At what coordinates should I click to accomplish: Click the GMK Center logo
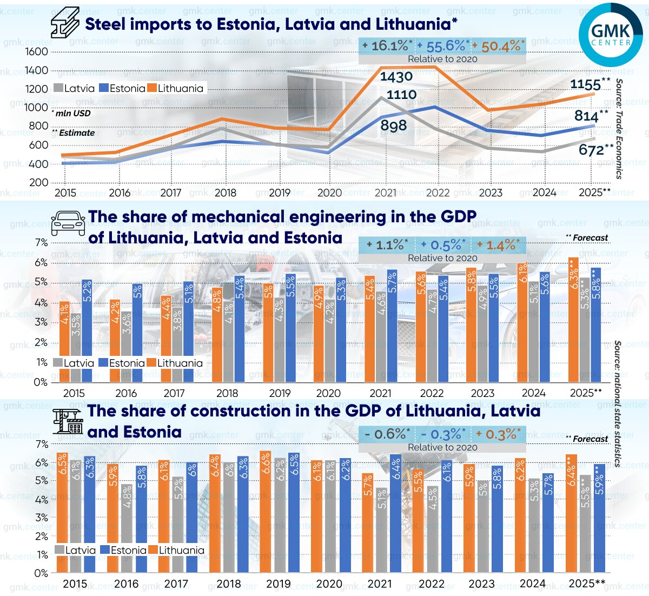[x=611, y=35]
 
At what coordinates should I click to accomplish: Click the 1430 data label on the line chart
[x=396, y=77]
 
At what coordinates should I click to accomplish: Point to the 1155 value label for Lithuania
[x=586, y=85]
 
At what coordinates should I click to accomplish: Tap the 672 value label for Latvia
[x=592, y=150]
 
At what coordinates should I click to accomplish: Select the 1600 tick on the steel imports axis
[x=37, y=52]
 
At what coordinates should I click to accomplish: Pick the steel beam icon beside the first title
[x=65, y=23]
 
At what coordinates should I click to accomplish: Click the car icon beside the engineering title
[x=68, y=223]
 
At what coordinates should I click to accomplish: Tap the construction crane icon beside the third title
[x=68, y=421]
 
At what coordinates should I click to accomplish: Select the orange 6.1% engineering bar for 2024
[x=523, y=322]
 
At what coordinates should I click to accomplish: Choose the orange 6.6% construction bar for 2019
[x=265, y=511]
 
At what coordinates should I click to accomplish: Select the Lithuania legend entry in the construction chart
[x=177, y=551]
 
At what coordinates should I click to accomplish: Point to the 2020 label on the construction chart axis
[x=329, y=584]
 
